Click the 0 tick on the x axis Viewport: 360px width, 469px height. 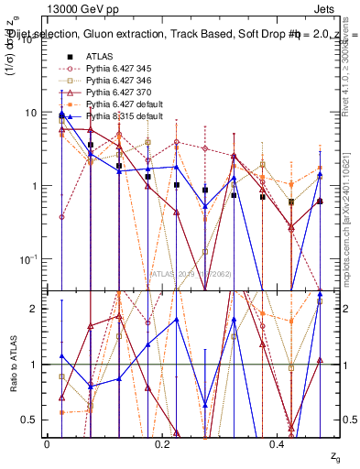(x=47, y=443)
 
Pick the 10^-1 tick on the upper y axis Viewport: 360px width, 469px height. (x=26, y=259)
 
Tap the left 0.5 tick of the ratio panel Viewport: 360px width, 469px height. (x=27, y=420)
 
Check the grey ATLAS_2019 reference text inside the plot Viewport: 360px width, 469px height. (x=193, y=273)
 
